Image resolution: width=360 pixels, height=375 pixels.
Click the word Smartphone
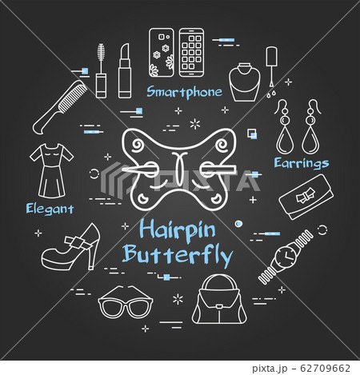pos(184,92)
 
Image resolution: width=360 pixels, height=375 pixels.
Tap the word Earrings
pos(302,163)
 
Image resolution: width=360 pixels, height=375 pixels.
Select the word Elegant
pos(50,209)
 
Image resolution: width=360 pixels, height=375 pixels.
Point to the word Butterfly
pos(178,255)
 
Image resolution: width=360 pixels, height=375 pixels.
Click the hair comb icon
pos(60,107)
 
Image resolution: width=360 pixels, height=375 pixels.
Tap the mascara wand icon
pos(101,71)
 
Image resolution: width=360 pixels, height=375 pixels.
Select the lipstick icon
pos(125,71)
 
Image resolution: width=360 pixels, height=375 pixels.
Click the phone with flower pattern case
pos(162,53)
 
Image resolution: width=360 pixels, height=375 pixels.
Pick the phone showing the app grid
pos(191,53)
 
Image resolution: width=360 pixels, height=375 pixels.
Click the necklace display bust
pos(245,82)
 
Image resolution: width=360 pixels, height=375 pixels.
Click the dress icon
pos(52,170)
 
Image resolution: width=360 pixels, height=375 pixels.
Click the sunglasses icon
pos(126,302)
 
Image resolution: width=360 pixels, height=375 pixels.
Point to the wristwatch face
pos(286,257)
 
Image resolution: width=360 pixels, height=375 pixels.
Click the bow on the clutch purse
pos(305,196)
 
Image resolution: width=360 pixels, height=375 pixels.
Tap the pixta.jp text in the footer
pos(270,369)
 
